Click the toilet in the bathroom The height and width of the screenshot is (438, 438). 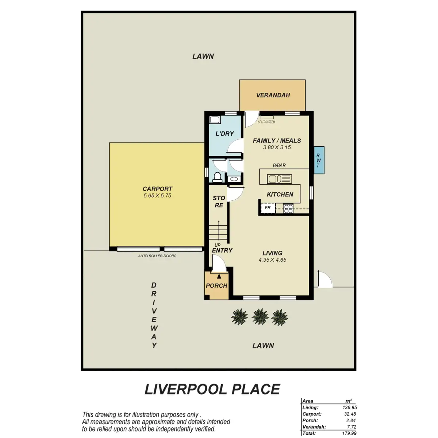pos(217,177)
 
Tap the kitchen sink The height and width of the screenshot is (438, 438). pos(279,179)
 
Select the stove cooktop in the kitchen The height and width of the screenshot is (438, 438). pos(288,209)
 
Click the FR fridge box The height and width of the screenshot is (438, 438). pos(268,208)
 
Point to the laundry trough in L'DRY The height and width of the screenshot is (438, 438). pos(215,120)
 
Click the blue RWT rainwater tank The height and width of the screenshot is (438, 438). pos(319,160)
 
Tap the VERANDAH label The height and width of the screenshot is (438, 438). pos(273,95)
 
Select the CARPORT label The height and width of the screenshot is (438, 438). pos(158,189)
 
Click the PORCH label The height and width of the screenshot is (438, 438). pos(216,286)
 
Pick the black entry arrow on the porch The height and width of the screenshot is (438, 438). pos(219,276)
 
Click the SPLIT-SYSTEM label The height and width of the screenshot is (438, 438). pos(266,122)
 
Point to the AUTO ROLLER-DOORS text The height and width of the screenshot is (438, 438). pos(157,256)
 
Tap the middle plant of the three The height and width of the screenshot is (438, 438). pos(260,316)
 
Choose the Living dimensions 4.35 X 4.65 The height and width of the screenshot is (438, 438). pos(272,260)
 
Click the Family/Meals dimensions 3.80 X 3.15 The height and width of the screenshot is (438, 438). pos(277,147)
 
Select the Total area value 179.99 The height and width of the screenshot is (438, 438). pos(349,433)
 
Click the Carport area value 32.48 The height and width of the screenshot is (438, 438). pos(350,414)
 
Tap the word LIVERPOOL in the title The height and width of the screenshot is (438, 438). pos(186,389)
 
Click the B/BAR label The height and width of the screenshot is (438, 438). pos(279,165)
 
